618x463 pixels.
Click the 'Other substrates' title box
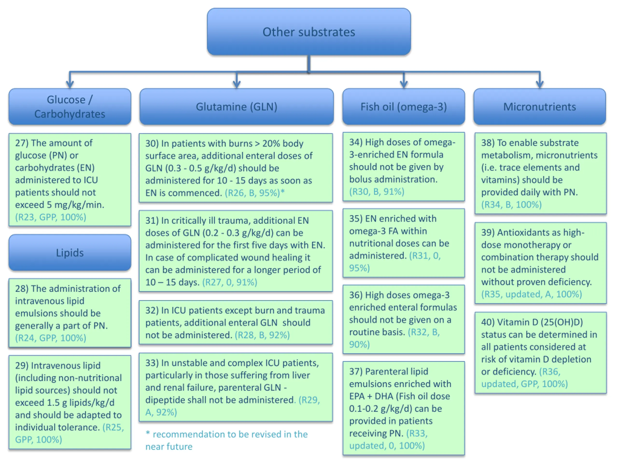click(309, 32)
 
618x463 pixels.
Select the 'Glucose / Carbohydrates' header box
click(70, 106)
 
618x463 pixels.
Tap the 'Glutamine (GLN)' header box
click(236, 106)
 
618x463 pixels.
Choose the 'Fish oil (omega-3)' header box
click(404, 106)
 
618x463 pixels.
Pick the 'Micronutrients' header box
click(540, 106)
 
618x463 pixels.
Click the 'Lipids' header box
click(70, 252)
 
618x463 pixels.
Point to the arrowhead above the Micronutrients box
click(540, 84)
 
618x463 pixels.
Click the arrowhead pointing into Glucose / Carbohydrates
click(70, 84)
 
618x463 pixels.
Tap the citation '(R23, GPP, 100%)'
click(50, 217)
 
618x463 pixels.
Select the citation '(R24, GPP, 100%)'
click(50, 338)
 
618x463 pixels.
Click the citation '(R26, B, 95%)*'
click(255, 193)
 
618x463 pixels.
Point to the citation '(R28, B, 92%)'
click(262, 335)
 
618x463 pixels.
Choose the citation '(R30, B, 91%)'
click(377, 192)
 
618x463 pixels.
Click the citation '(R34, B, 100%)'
click(511, 204)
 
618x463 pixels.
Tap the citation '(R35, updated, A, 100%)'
click(531, 294)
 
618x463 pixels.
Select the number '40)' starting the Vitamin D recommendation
click(488, 322)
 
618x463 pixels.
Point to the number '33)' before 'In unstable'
click(152, 363)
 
